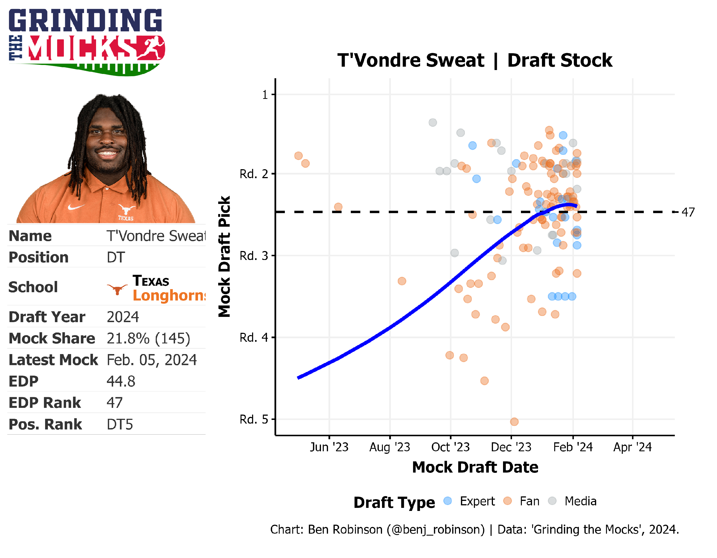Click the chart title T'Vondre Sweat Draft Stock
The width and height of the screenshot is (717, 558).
[474, 61]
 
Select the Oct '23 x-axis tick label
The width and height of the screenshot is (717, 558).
[450, 447]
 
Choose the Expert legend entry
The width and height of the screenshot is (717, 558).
[477, 501]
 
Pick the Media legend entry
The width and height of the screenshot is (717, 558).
[580, 501]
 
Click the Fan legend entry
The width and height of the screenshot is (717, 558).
[529, 501]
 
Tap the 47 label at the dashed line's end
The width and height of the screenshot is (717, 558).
[688, 212]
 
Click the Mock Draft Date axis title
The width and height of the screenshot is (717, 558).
[475, 467]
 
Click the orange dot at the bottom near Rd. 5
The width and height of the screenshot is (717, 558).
[514, 421]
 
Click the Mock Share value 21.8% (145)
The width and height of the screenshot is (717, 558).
[148, 338]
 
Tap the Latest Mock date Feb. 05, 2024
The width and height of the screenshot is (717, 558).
[152, 360]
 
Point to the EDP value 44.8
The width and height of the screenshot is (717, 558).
[121, 381]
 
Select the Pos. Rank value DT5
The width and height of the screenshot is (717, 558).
[120, 424]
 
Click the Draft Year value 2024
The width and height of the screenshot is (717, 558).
[123, 317]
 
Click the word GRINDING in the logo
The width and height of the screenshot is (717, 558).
[85, 20]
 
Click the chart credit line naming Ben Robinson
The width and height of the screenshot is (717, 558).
[474, 529]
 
